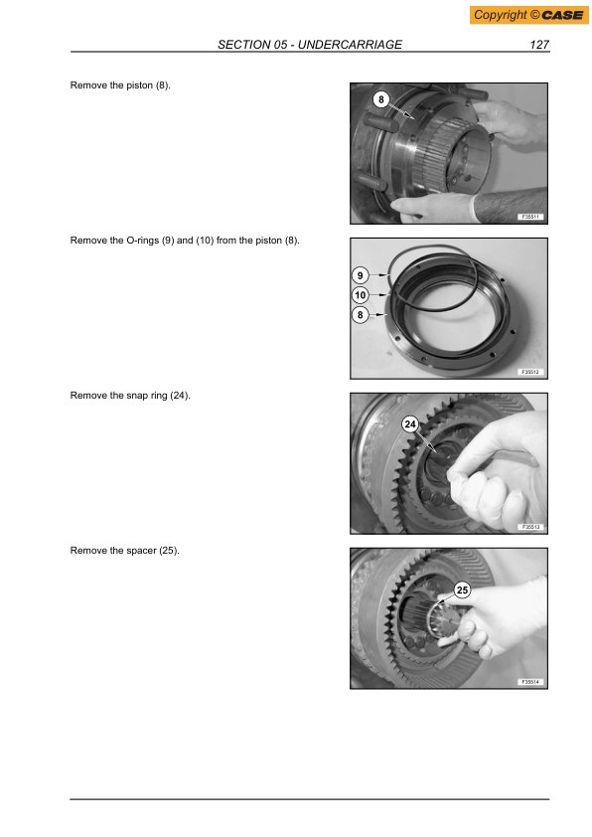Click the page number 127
tap(539, 45)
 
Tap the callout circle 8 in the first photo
tap(379, 100)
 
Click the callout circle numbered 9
tap(361, 274)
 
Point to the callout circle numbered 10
tap(361, 295)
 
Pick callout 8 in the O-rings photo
tap(361, 315)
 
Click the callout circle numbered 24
tap(409, 424)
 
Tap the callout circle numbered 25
tap(461, 590)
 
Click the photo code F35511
tap(529, 217)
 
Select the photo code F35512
tap(529, 371)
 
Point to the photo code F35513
tap(529, 527)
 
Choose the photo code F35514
tap(529, 682)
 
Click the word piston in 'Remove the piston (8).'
tap(138, 85)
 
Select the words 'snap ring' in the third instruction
tap(145, 396)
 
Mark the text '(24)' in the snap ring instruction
tap(179, 396)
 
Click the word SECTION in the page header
tap(243, 45)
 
